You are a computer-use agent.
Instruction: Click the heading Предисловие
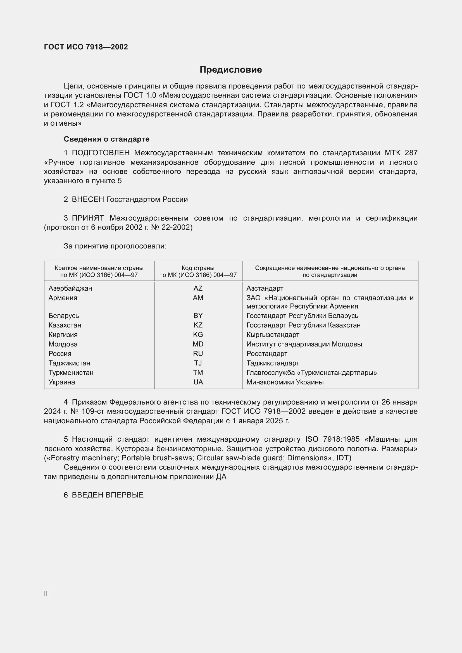coord(231,70)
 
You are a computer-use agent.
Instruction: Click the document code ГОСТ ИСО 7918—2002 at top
coord(86,47)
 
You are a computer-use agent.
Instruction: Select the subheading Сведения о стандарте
coord(106,139)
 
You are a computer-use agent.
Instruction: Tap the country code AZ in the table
coord(198,288)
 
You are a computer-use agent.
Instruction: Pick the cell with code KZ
coord(198,325)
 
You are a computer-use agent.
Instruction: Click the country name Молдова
coord(63,344)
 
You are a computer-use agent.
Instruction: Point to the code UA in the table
coord(198,382)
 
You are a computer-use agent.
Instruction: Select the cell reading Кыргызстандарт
coord(273,335)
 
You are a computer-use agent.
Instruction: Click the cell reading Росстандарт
coord(266,354)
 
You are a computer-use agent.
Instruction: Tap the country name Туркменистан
coord(71,373)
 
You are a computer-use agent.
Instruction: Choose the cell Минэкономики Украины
coord(285,382)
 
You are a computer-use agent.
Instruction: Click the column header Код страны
coord(198,268)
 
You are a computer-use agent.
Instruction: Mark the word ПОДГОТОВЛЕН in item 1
coord(101,153)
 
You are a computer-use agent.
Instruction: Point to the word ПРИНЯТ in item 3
coord(88,218)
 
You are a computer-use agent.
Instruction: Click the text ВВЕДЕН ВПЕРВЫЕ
coord(108,495)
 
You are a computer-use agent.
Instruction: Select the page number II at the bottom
coord(46,594)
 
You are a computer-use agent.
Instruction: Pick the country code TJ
coord(198,363)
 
